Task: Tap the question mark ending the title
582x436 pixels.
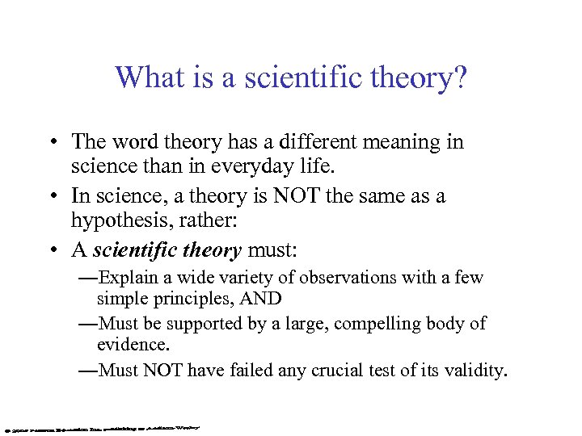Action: [x=460, y=78]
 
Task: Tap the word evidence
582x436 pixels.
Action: [x=129, y=345]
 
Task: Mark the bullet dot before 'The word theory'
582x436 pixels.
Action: [x=51, y=143]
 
